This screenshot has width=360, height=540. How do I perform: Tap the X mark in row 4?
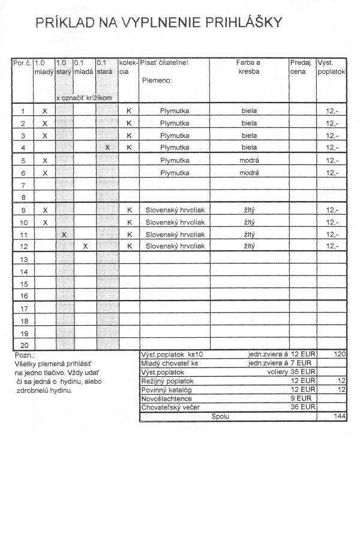tap(107, 147)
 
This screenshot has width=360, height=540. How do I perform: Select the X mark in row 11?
tap(64, 235)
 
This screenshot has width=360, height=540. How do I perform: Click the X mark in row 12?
tap(85, 247)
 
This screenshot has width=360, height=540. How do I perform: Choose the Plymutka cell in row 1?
tap(175, 111)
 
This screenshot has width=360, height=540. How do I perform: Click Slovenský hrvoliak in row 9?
tap(175, 210)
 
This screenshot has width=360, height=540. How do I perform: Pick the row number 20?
tap(23, 345)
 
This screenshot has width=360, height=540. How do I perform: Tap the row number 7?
tap(23, 185)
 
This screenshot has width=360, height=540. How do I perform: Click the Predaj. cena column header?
tap(299, 66)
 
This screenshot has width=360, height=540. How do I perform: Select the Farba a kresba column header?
tap(248, 66)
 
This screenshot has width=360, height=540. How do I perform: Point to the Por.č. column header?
tap(22, 62)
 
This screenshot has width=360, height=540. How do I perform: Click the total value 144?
tap(340, 416)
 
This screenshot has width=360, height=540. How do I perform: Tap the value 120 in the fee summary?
tap(340, 355)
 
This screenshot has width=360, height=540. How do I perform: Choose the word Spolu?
tap(221, 416)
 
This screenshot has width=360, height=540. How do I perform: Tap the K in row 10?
tap(129, 222)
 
